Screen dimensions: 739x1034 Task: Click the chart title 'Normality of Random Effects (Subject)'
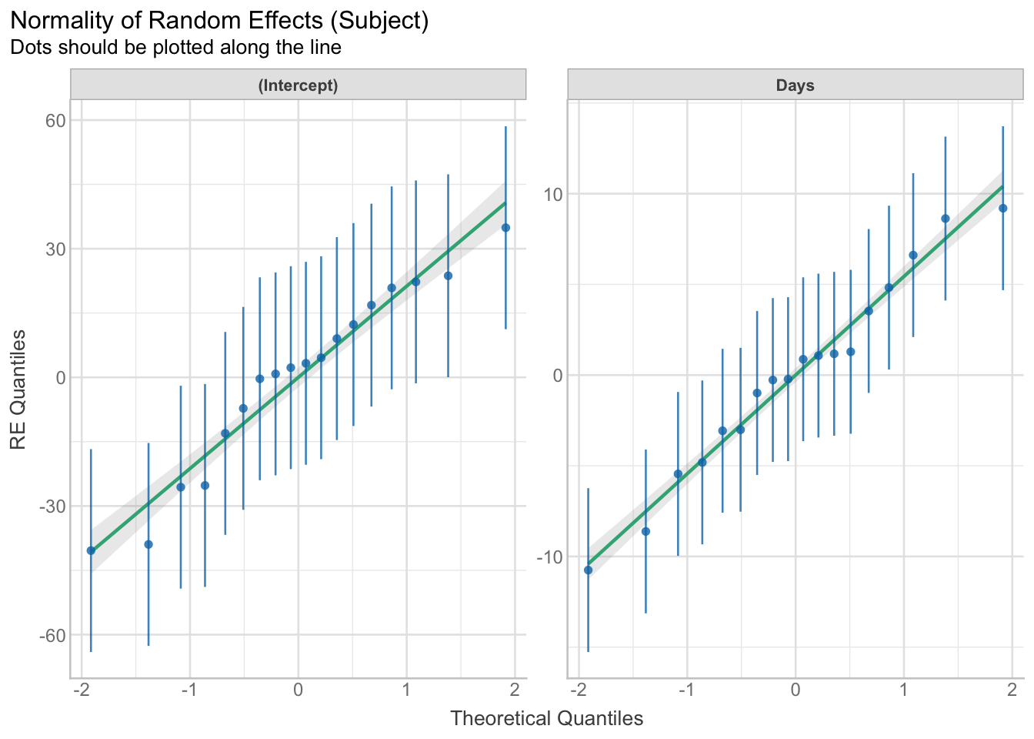pos(220,21)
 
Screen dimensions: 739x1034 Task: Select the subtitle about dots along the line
pos(175,48)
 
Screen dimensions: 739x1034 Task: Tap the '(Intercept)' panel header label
pos(298,85)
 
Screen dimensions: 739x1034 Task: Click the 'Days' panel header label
pos(795,85)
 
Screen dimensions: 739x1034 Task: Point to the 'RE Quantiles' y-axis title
pos(18,390)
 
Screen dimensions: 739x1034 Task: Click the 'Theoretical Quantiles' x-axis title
pos(546,719)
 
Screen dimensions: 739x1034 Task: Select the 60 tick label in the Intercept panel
pos(53,121)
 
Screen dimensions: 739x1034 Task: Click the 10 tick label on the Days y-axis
pos(550,194)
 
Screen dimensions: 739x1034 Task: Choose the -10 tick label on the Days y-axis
pos(546,557)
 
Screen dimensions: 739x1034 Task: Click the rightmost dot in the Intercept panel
pos(505,228)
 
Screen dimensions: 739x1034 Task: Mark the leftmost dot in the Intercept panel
pos(91,550)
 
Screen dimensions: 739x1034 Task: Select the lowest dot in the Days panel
pos(588,570)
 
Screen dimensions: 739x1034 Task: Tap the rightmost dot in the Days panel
pos(1002,209)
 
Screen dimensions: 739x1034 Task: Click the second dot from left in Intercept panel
pos(148,544)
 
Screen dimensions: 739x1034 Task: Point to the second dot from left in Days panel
pos(645,531)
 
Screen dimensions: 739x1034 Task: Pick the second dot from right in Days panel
pos(945,219)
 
